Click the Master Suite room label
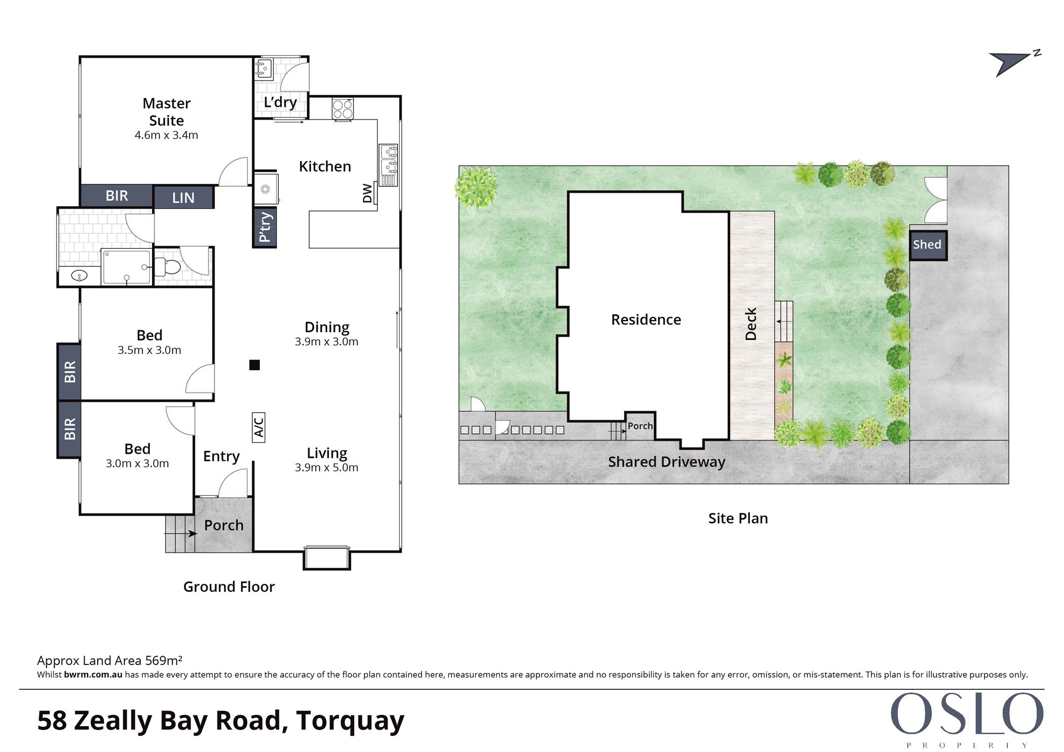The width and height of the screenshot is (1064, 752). (x=167, y=112)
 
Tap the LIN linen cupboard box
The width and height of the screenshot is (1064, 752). (x=183, y=197)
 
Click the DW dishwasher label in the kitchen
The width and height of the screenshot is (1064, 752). (x=367, y=193)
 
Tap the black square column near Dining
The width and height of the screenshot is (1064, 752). (x=254, y=365)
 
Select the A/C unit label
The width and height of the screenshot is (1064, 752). (x=258, y=427)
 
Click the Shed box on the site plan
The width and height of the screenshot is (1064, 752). (x=928, y=245)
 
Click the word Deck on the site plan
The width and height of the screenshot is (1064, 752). (x=751, y=324)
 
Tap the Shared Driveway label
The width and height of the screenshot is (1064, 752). (x=667, y=462)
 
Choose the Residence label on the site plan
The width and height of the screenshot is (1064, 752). (x=646, y=320)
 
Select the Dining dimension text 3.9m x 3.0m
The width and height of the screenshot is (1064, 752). (x=327, y=342)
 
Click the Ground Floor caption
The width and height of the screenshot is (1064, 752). (x=229, y=586)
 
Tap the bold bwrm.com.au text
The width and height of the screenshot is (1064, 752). (x=93, y=675)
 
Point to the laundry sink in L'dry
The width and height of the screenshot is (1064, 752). (x=263, y=68)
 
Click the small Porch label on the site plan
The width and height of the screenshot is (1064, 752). (x=640, y=426)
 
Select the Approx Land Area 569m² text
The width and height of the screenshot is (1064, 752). (x=109, y=660)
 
